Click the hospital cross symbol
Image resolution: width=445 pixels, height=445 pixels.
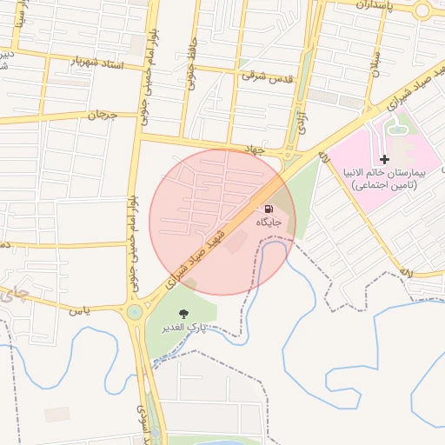point(384,159)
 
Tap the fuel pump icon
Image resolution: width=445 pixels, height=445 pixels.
point(269,209)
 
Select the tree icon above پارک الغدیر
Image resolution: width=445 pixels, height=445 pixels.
point(183,314)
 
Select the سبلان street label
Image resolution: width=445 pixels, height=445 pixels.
point(376,62)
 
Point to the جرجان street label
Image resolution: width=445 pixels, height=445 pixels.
point(102,114)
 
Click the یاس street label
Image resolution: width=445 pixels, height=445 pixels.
point(80,309)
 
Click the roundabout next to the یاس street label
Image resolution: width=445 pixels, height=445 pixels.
point(135,312)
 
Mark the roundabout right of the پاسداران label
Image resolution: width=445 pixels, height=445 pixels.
point(423,10)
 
